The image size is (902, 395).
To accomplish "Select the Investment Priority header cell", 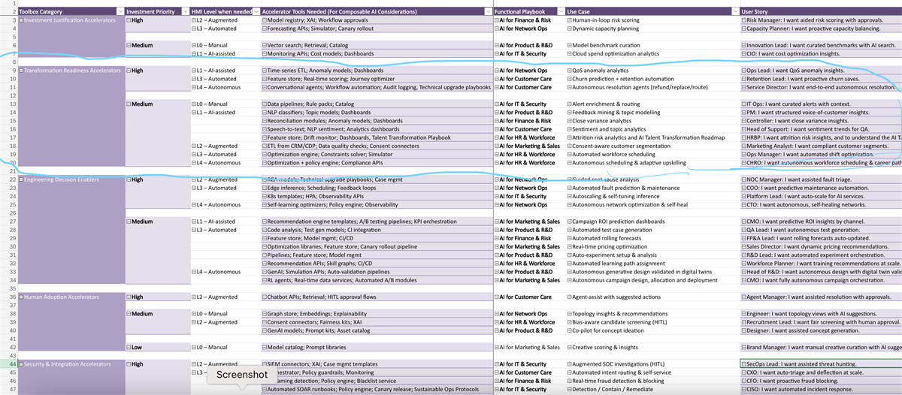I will pos(151,12).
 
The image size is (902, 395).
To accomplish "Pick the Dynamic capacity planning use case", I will pos(606,29).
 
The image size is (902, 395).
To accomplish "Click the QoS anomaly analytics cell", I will pos(601,71).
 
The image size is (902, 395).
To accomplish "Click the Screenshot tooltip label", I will pos(242,374).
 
